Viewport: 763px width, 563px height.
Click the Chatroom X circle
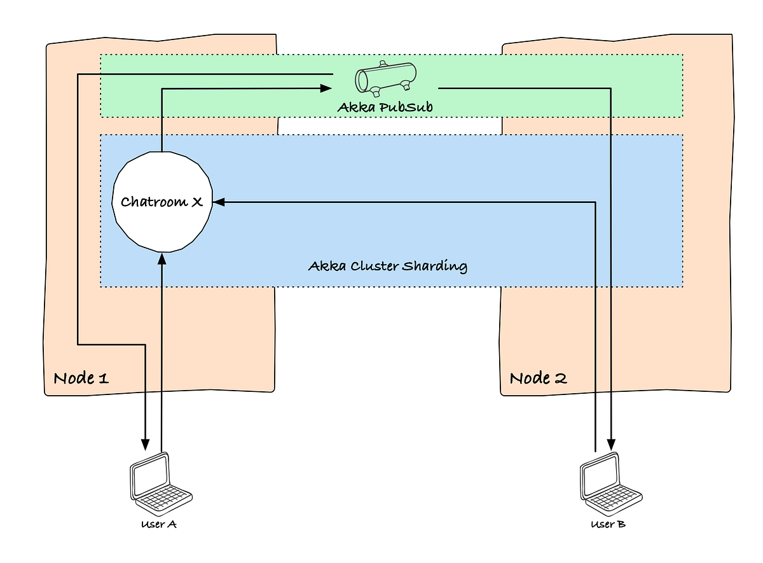[x=162, y=202]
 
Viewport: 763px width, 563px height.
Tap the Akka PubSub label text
[x=385, y=108]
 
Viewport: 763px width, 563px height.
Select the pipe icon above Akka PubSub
[x=385, y=78]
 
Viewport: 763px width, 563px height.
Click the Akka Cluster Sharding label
[x=388, y=265]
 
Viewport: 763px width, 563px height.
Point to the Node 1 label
[x=81, y=378]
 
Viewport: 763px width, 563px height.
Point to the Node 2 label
[x=538, y=378]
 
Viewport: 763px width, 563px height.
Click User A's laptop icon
[x=160, y=483]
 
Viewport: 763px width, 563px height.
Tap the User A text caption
[x=159, y=525]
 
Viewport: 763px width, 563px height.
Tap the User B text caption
[x=608, y=525]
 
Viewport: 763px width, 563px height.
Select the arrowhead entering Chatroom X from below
[x=162, y=258]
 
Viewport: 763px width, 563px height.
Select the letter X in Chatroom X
[x=196, y=202]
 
